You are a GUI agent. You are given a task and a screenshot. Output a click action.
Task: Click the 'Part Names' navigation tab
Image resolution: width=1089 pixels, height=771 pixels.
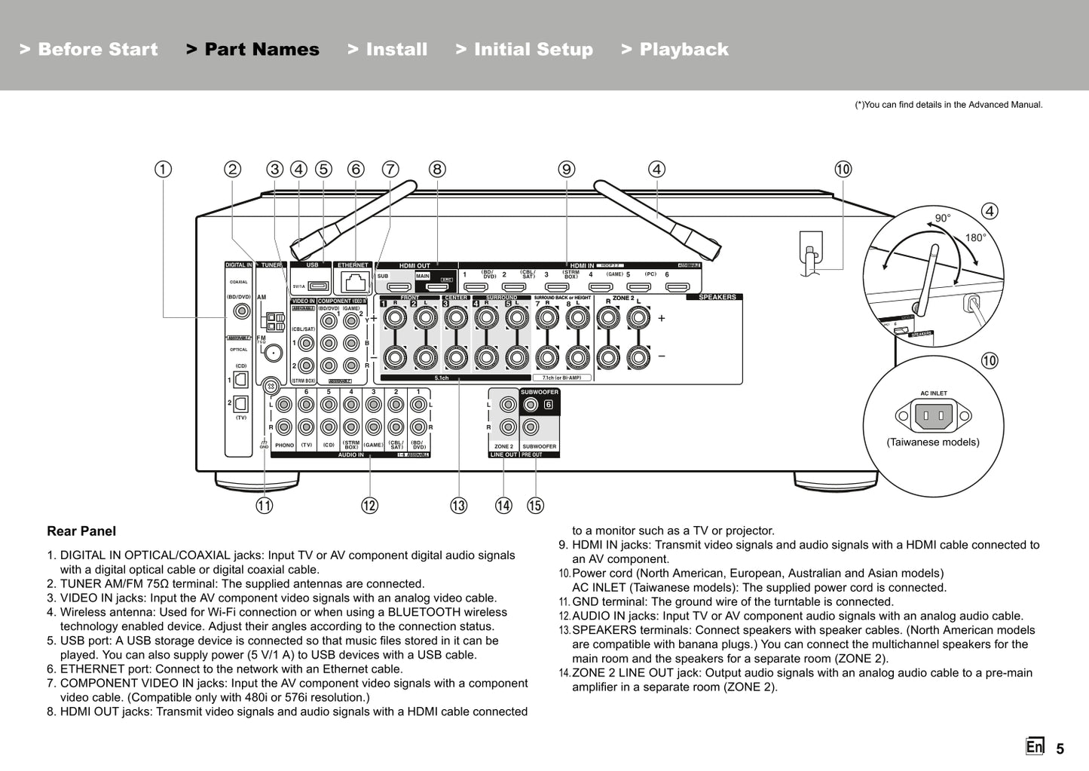[x=252, y=50]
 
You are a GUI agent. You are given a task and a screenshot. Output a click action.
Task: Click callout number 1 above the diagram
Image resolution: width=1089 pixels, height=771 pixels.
[x=163, y=170]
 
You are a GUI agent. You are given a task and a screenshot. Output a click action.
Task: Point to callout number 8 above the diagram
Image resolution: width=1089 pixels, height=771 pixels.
[x=437, y=170]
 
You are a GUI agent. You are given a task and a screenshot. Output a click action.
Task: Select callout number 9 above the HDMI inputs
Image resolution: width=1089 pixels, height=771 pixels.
[x=567, y=170]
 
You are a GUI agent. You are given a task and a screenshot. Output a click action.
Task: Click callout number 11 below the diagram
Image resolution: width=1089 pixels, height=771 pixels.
[x=264, y=506]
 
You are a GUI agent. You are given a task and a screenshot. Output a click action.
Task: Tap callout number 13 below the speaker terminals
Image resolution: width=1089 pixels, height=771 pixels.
[x=458, y=506]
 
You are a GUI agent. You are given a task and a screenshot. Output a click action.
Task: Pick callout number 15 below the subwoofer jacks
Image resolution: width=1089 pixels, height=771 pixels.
[x=535, y=506]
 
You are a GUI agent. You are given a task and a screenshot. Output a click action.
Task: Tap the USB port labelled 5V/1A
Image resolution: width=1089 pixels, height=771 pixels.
[x=318, y=286]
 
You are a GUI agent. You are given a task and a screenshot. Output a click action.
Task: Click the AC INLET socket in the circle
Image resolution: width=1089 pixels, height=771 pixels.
[x=933, y=415]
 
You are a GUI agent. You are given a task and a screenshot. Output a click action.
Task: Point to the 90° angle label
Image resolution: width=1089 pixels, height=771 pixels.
[x=943, y=219]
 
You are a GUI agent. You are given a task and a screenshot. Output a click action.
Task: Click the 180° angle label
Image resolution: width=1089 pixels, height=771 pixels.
[x=975, y=237]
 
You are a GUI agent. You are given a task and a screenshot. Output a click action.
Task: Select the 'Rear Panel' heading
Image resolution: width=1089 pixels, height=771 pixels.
[x=81, y=531]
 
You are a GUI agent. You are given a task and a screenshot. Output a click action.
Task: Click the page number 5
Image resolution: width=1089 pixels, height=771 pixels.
[x=1060, y=749]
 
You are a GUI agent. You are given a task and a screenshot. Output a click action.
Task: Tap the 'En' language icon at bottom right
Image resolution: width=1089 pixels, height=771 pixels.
[x=1035, y=747]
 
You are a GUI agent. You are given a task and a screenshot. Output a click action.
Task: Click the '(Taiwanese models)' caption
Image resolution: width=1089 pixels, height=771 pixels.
[x=933, y=442]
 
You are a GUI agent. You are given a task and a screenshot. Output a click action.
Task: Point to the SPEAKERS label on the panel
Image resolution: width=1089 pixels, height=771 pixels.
[x=717, y=297]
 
